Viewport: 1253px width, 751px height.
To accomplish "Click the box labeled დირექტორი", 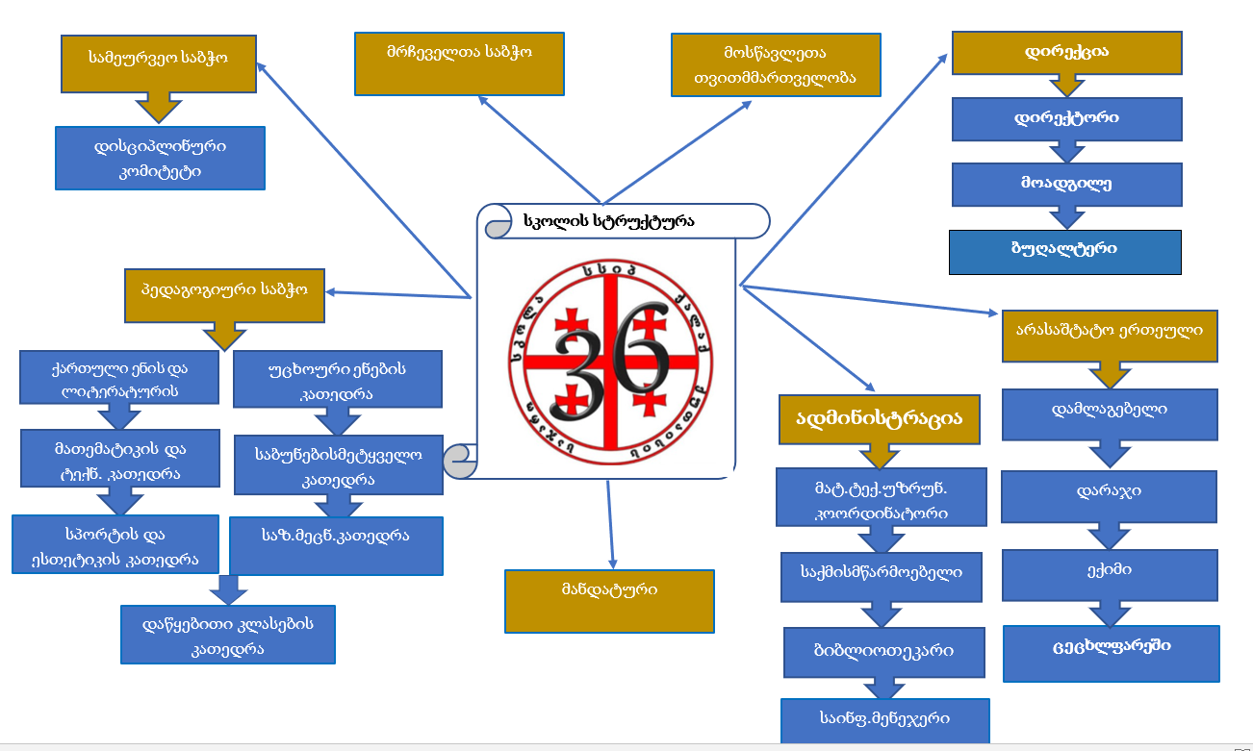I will pos(1066,118).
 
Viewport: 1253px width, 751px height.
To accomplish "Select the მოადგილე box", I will pos(1066,184).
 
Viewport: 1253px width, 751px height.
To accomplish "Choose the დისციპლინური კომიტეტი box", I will pos(160,159).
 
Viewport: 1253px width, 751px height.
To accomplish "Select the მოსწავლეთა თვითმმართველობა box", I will pos(776,65).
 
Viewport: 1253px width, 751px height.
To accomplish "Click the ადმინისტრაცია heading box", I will pos(880,418).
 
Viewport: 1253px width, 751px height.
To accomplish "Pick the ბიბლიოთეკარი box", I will pos(883,652).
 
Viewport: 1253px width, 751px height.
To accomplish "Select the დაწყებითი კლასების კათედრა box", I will pos(228,635).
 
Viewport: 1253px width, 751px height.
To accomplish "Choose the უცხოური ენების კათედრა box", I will pos(337,379).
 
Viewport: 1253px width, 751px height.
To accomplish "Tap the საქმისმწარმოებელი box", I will pos(881,575).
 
